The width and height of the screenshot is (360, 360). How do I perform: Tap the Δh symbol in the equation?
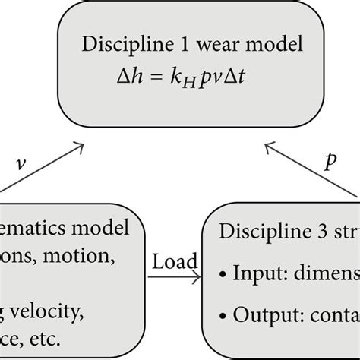pyautogui.click(x=129, y=77)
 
